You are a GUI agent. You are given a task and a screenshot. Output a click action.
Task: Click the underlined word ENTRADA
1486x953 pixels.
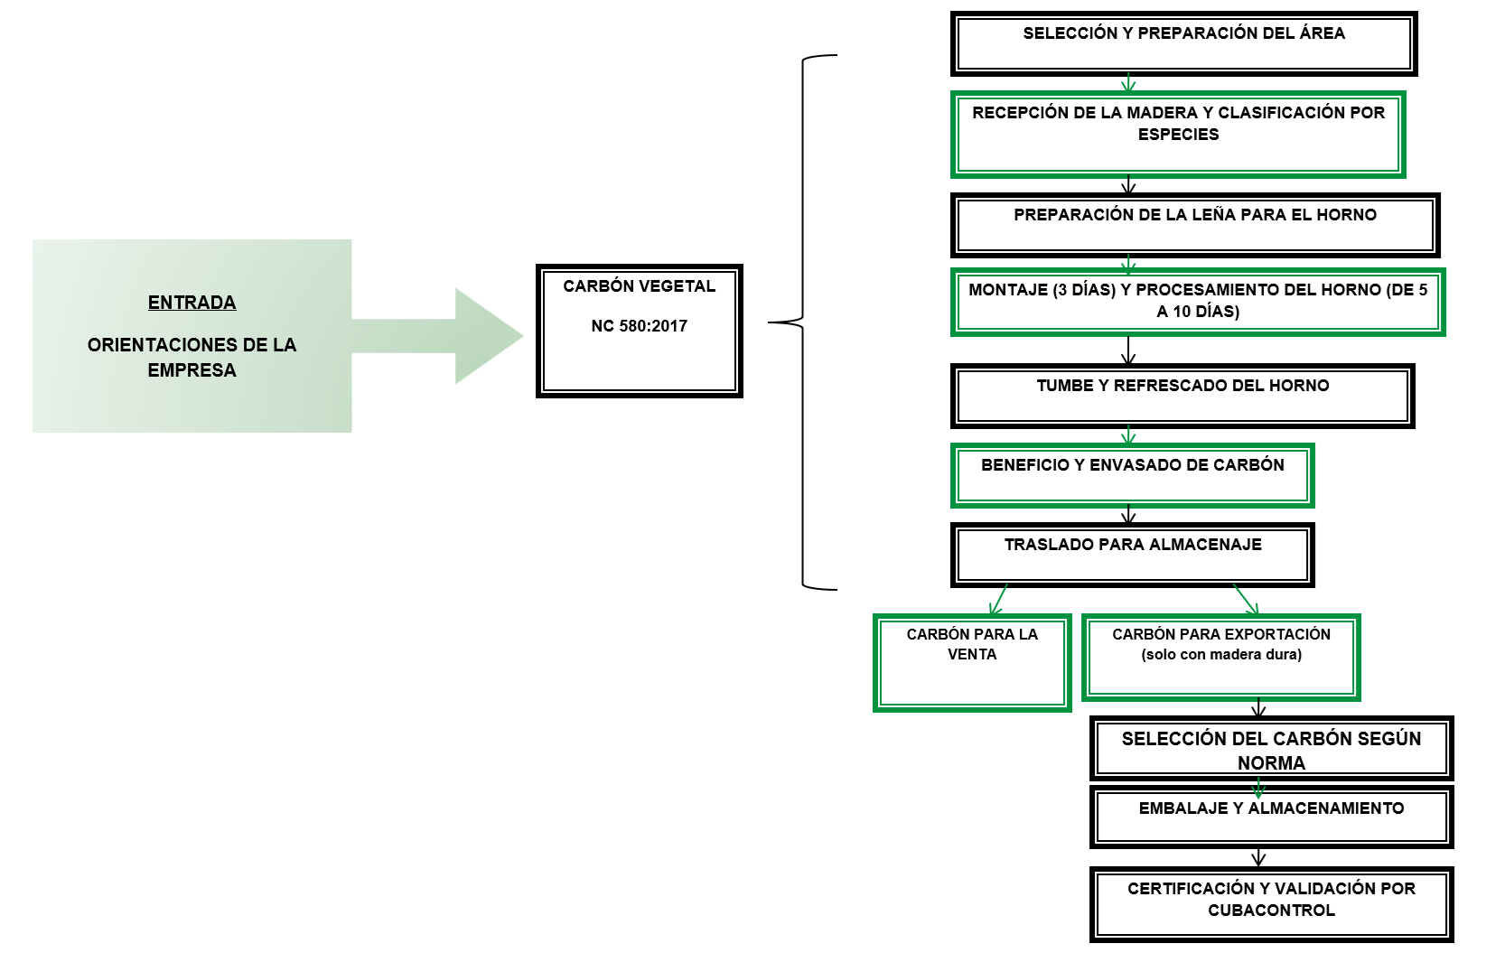pos(192,303)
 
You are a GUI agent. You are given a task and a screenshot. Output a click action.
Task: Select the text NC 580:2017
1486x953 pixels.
pos(639,326)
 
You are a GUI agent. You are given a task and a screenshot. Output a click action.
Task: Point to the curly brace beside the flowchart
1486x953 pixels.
pos(803,322)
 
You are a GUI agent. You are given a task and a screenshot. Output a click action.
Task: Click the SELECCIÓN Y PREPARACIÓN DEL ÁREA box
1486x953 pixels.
pos(1183,43)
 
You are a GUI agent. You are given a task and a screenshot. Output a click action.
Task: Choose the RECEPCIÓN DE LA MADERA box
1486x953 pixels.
pos(1178,134)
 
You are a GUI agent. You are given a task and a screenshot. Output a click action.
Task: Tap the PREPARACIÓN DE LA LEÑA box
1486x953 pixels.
pos(1194,225)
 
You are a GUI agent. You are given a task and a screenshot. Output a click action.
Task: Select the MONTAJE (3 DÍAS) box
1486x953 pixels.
pos(1197,302)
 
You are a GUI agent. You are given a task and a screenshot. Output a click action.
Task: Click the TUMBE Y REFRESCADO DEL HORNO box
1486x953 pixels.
pos(1182,396)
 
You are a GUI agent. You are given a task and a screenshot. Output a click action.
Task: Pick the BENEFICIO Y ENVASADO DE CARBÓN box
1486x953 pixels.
pos(1132,475)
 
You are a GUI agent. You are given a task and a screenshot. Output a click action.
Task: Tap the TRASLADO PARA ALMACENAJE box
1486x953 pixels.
pos(1132,555)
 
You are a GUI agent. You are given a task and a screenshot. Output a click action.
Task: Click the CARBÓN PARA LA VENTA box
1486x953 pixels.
pos(972,663)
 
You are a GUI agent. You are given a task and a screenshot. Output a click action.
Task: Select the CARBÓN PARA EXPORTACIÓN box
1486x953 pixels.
pos(1220,658)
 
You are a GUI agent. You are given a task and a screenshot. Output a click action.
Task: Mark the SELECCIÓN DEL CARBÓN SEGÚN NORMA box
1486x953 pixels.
pos(1271,749)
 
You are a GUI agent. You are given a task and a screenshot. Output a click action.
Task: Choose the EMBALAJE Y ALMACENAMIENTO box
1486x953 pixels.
pos(1271,817)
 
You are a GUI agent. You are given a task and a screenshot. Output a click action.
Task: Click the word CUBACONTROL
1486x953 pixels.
pos(1271,911)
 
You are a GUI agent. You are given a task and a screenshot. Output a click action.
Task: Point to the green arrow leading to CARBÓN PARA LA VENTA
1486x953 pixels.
pos(998,601)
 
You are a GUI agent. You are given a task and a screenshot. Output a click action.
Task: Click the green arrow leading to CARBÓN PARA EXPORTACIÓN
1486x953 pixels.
pos(1246,600)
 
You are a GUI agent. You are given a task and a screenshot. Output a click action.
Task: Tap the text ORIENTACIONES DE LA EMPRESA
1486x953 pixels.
pos(192,358)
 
